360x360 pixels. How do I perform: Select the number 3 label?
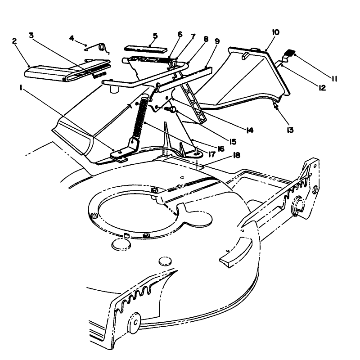pos(31,35)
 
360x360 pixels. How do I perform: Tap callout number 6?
pos(180,34)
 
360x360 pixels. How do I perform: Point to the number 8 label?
pos(206,39)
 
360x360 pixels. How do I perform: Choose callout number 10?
pos(276,32)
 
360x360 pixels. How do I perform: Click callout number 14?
pos(249,130)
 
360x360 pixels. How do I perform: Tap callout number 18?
pos(236,155)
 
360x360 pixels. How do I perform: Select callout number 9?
pos(217,41)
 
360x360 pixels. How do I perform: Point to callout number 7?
pos(193,36)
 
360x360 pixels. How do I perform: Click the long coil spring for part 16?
pos(140,119)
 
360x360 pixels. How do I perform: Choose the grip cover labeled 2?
pos(54,72)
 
